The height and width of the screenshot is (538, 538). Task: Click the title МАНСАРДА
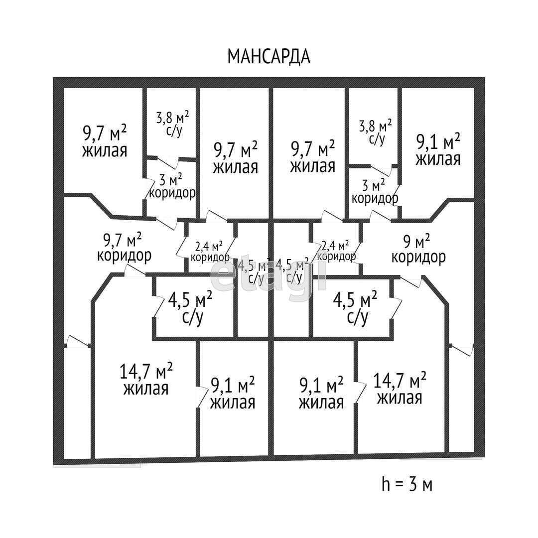pyautogui.click(x=269, y=56)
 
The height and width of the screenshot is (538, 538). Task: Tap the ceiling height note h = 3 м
pyautogui.click(x=407, y=484)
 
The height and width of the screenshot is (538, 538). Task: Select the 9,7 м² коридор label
pyautogui.click(x=124, y=248)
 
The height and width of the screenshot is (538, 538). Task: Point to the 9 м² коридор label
pyautogui.click(x=418, y=250)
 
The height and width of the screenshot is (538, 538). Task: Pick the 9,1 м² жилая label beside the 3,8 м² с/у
pyautogui.click(x=438, y=150)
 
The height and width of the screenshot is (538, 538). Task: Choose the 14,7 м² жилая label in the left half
pyautogui.click(x=146, y=379)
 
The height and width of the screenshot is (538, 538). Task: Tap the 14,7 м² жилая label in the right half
pyautogui.click(x=400, y=389)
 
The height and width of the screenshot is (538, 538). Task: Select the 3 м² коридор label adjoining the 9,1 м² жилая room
pyautogui.click(x=375, y=192)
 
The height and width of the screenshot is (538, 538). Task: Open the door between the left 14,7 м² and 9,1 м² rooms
pyautogui.click(x=200, y=396)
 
